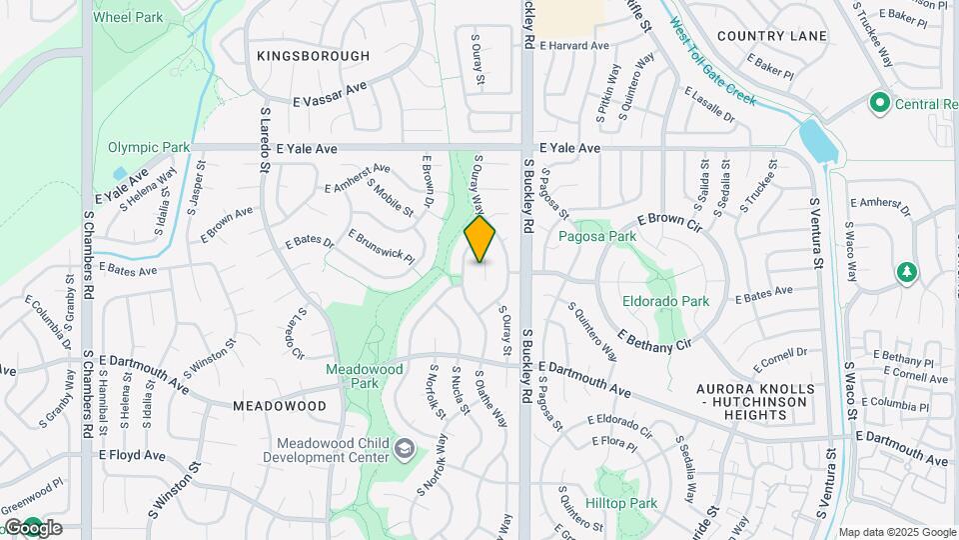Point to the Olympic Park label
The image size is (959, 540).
(x=149, y=147)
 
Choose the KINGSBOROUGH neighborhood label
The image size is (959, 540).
(x=313, y=56)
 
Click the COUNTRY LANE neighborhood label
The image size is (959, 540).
(x=772, y=36)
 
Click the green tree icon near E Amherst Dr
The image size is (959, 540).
(x=907, y=273)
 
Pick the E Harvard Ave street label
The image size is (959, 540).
(x=573, y=46)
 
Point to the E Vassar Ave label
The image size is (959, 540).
(x=330, y=94)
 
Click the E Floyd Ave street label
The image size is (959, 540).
(x=132, y=455)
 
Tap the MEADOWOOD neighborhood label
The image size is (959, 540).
(x=280, y=406)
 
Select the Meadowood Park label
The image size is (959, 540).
(x=365, y=376)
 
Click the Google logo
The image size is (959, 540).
(x=33, y=528)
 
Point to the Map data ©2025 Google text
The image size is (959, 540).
(x=897, y=532)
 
